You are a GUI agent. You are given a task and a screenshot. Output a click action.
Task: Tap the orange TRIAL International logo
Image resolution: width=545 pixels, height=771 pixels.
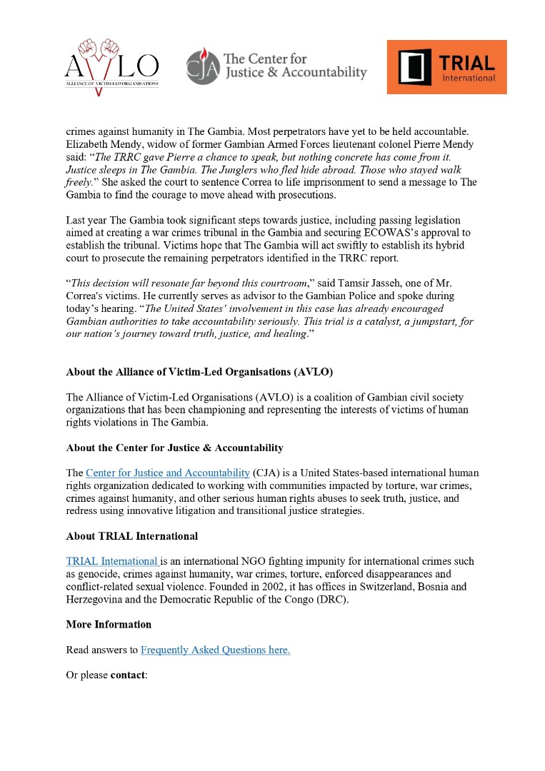click(446, 67)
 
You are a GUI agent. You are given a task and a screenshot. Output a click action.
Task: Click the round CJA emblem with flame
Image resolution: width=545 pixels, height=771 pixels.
click(201, 66)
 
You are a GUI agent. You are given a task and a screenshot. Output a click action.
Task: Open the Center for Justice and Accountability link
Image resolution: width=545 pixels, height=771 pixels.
click(167, 473)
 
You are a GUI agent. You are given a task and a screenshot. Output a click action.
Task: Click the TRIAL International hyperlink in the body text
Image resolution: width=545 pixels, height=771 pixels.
click(112, 561)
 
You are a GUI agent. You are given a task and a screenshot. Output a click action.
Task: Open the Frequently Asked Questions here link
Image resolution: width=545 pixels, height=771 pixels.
click(215, 650)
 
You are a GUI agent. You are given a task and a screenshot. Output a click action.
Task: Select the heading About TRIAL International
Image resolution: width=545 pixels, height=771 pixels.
click(131, 536)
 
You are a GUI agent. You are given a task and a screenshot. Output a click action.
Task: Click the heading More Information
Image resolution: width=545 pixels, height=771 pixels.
click(109, 625)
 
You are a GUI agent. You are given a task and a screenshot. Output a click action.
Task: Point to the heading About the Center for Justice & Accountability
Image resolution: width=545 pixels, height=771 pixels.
click(174, 448)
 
